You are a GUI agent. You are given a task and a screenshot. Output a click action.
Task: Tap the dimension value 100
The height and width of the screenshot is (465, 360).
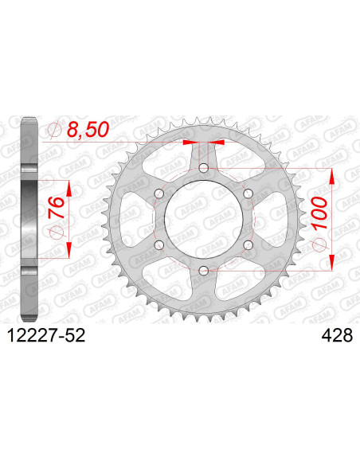(321, 215)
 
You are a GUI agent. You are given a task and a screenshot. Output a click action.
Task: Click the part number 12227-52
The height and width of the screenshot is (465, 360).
(45, 338)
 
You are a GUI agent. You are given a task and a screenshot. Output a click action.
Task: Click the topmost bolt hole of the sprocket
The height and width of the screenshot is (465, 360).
(204, 168)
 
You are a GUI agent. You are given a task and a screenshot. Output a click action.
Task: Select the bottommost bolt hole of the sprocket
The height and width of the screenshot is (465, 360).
(204, 272)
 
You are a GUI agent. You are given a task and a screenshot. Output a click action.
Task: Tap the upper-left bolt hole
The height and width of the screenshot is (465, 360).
(158, 194)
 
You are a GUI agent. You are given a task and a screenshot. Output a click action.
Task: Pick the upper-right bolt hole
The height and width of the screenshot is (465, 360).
(248, 194)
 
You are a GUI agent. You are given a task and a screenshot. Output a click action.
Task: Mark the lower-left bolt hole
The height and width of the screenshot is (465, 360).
(158, 245)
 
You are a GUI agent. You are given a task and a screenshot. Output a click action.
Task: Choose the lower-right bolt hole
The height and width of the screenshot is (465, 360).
(248, 245)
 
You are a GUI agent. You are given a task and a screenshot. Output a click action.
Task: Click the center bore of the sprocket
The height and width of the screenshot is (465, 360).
(204, 220)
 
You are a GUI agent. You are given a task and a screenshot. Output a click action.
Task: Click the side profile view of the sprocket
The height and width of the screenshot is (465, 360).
(29, 220)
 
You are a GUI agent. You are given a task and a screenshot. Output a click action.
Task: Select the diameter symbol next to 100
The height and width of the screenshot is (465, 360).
(321, 243)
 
